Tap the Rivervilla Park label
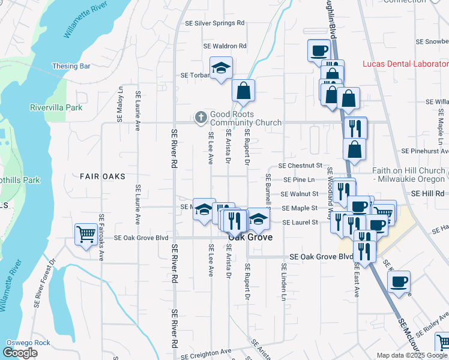point(56,108)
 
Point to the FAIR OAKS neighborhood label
point(102,176)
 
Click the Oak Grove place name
point(250,237)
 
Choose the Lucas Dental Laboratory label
point(405,64)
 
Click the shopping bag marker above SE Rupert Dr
point(244,91)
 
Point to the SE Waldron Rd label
point(225,46)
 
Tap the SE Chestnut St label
point(301,165)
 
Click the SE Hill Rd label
point(427,193)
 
